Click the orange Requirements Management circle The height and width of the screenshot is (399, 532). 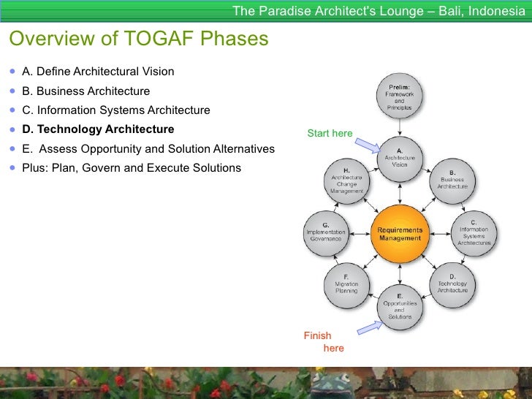click(x=400, y=234)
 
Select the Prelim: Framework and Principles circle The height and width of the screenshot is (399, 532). click(x=400, y=96)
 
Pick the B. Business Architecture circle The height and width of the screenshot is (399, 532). click(x=452, y=179)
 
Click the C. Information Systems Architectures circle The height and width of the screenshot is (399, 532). click(x=474, y=232)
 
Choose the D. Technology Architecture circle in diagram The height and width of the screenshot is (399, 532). click(x=452, y=284)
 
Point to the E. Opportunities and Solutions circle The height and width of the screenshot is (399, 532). click(x=400, y=307)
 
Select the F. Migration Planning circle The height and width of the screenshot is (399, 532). click(x=346, y=284)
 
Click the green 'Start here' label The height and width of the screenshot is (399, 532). click(x=330, y=134)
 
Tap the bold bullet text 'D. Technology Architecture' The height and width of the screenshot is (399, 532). click(x=98, y=129)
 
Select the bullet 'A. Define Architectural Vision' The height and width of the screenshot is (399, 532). click(x=98, y=72)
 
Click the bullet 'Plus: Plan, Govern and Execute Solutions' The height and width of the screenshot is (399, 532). click(x=132, y=168)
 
